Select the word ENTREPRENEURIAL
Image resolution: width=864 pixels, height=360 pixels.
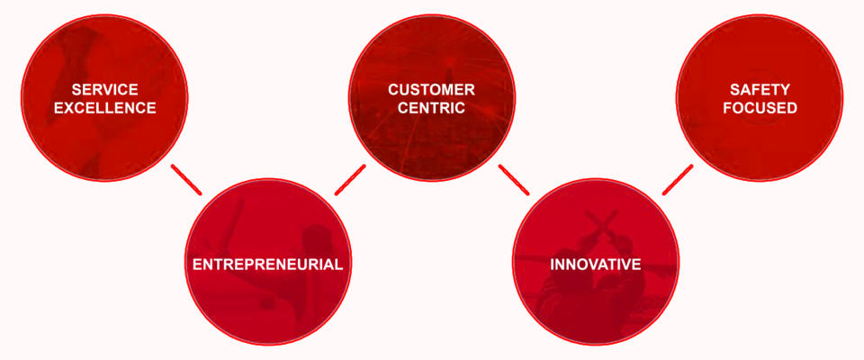[267, 265]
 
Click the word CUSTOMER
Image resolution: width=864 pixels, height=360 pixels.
[431, 90]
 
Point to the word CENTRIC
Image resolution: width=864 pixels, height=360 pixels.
[431, 108]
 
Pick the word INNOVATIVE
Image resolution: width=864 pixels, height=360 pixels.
[595, 265]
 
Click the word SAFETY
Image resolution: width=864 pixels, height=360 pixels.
[760, 90]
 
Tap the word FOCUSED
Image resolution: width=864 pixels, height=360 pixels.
[760, 108]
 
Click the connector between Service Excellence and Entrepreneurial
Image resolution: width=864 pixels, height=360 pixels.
[185, 179]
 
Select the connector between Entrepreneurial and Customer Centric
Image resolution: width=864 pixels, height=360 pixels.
[349, 179]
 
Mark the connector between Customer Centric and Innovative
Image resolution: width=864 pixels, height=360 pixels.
[513, 179]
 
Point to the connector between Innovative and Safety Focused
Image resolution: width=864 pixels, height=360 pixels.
[678, 179]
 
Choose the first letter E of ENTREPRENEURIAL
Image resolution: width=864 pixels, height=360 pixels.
[198, 265]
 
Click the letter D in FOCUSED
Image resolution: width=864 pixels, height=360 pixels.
[792, 108]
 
